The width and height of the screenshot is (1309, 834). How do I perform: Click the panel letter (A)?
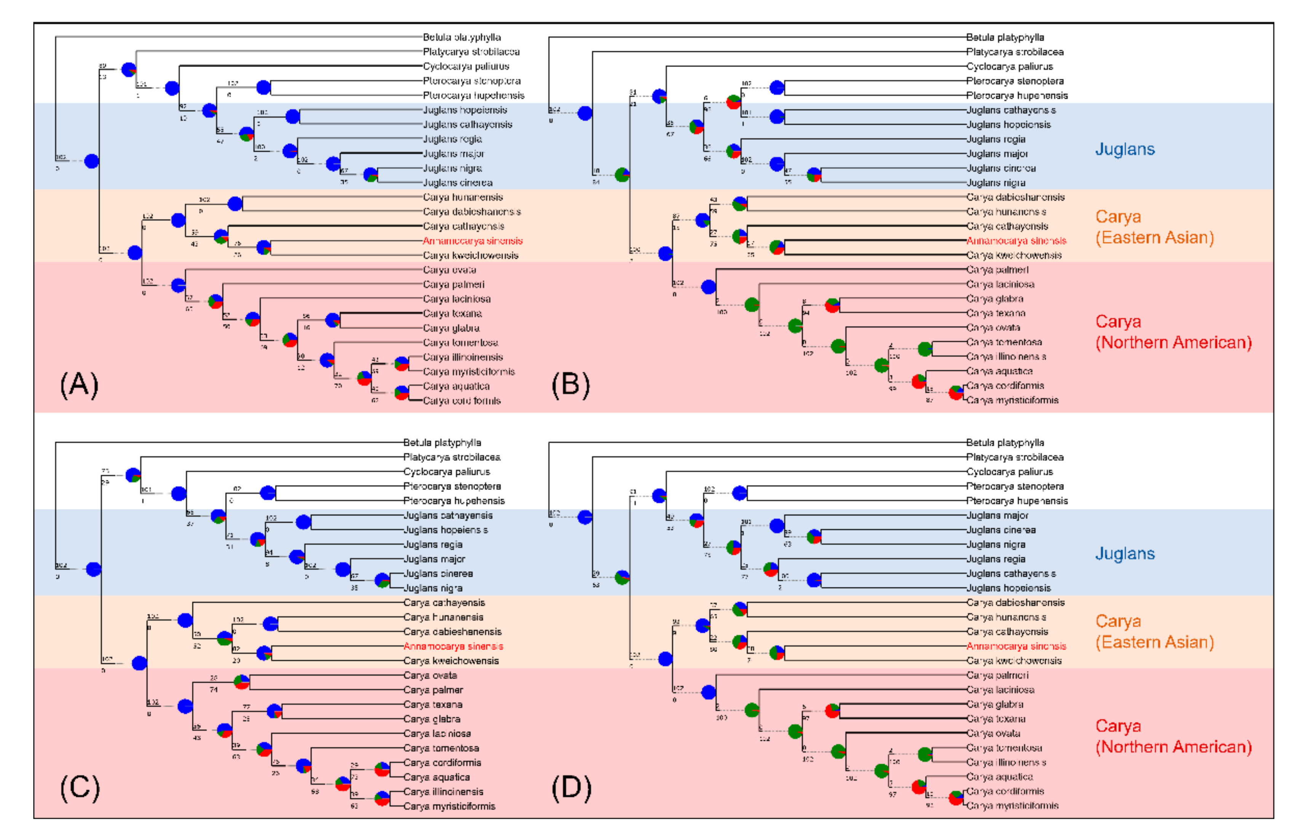coord(79,385)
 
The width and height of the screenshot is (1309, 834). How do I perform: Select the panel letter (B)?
coord(570,385)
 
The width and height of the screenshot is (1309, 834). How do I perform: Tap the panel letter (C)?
coord(79,788)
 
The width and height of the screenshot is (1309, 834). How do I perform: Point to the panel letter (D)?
coord(571,788)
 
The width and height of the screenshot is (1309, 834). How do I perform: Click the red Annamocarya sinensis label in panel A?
coord(473,241)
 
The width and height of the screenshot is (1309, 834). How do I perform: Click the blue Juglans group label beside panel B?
coord(1124,149)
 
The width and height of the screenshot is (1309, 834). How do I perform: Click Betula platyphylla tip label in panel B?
coord(1004,38)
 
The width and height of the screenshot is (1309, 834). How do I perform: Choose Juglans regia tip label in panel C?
coord(433,545)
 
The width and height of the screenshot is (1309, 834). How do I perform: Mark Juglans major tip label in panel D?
coord(997,515)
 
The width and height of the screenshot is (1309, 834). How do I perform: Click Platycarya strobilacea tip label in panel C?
coord(451,457)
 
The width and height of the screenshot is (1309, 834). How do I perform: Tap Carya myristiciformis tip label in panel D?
coord(1012,806)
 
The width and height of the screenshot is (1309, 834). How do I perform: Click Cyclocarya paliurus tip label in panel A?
coord(466,66)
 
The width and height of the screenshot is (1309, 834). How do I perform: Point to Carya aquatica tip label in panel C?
coord(436,778)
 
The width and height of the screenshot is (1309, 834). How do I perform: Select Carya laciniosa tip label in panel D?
coord(1000,690)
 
